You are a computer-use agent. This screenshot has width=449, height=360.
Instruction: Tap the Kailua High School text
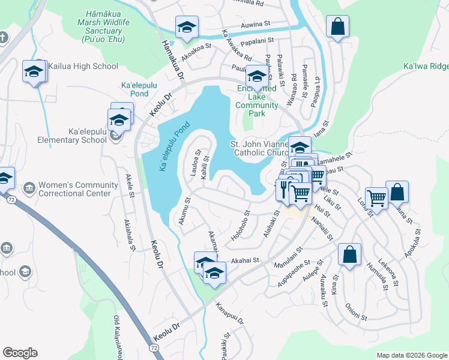pyautogui.click(x=75, y=66)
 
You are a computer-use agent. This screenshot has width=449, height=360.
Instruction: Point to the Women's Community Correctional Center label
pyautogui.click(x=75, y=189)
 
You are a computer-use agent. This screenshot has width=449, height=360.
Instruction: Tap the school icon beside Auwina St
pyautogui.click(x=187, y=28)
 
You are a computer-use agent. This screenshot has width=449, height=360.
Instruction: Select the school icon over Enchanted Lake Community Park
pyautogui.click(x=257, y=77)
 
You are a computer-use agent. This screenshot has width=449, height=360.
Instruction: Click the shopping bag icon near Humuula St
pyautogui.click(x=349, y=254)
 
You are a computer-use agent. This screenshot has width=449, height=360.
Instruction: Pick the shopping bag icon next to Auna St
pyautogui.click(x=397, y=192)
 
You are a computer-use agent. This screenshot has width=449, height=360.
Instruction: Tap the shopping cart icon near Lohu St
pyautogui.click(x=376, y=197)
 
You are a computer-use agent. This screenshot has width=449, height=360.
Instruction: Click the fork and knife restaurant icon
pyautogui.click(x=285, y=190)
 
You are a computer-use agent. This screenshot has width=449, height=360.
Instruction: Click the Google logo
pyautogui.click(x=20, y=353)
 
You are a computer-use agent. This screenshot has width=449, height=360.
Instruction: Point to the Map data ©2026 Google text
pyautogui.click(x=411, y=355)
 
